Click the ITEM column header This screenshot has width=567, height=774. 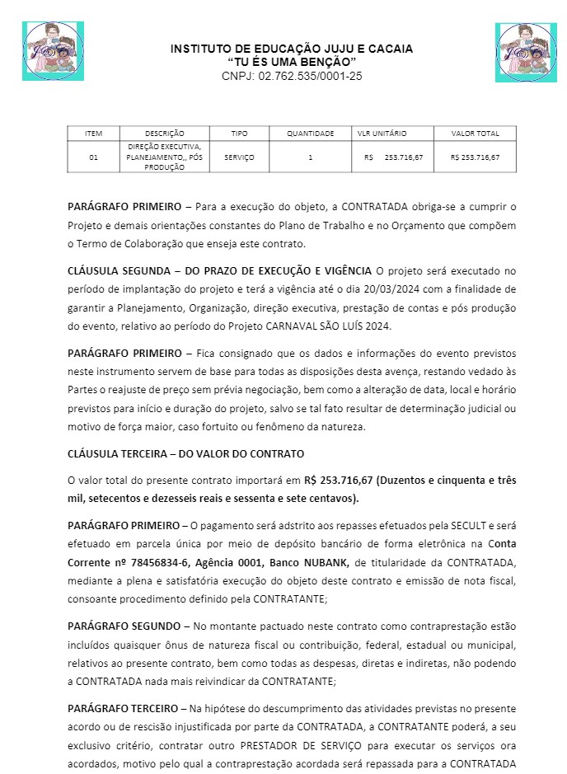[94, 134]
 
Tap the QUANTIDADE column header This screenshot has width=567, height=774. [310, 134]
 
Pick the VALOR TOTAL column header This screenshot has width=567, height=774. [476, 134]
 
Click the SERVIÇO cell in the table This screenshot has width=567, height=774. [239, 157]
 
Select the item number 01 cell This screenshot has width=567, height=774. [94, 157]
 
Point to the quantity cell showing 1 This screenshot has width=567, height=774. [310, 157]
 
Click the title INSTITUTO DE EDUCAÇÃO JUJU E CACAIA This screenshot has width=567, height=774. [292, 49]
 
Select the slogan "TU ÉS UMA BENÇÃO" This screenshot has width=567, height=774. [292, 63]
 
